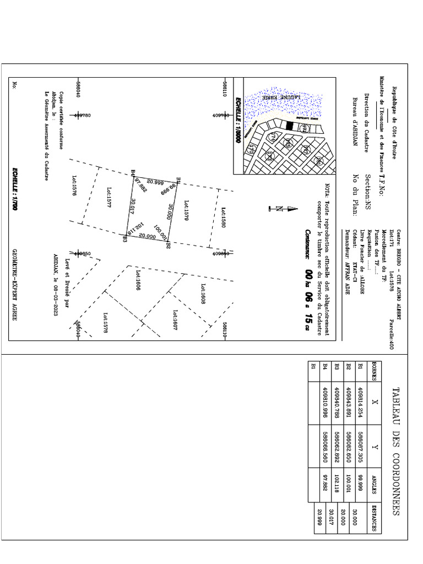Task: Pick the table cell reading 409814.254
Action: pyautogui.click(x=361, y=402)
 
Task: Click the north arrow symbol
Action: pyautogui.click(x=280, y=208)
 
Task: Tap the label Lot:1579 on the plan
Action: pyautogui.click(x=186, y=210)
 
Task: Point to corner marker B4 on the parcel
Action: pyautogui.click(x=134, y=174)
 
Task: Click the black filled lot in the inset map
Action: pyautogui.click(x=289, y=126)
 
